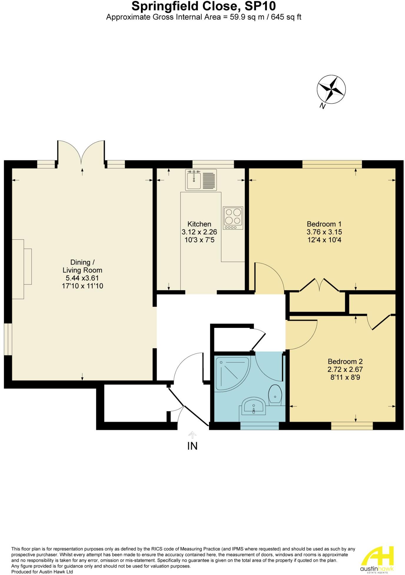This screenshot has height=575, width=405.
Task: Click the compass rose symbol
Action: tap(331, 89)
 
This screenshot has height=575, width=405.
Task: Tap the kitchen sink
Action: tap(201, 179)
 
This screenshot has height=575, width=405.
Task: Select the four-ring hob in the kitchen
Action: tap(233, 218)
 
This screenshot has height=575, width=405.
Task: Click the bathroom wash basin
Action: tap(253, 406)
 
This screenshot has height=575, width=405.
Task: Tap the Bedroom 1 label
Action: tap(324, 224)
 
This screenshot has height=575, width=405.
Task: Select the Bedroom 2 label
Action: tap(345, 361)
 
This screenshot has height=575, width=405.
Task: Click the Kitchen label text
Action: tap(199, 224)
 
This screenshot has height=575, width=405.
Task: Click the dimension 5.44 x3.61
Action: tap(82, 278)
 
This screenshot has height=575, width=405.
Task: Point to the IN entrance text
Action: tap(192, 446)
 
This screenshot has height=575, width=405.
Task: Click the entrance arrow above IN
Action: tap(192, 435)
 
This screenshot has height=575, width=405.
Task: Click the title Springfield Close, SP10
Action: tap(203, 6)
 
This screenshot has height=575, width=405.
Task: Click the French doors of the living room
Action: tap(81, 153)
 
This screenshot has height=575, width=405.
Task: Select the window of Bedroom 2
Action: tap(352, 426)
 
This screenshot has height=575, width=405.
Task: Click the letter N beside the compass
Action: tap(323, 106)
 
